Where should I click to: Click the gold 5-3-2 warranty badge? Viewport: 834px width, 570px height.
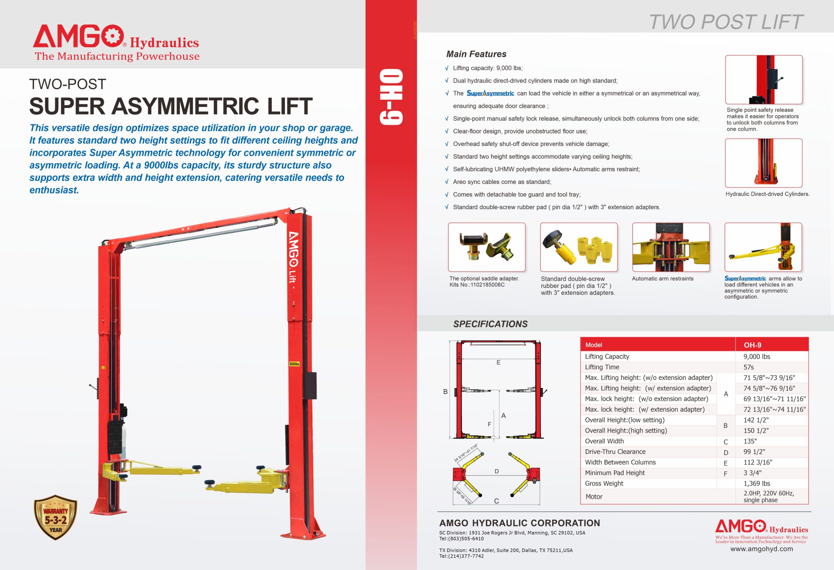coord(56,518)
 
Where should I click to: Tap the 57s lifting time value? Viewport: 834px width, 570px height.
coord(749,367)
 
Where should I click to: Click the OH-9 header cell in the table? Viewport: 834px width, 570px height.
coord(753,345)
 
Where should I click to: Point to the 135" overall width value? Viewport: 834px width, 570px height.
coord(750,441)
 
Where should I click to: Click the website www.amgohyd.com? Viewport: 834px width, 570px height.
coord(761,549)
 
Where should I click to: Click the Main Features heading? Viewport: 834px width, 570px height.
coord(476,54)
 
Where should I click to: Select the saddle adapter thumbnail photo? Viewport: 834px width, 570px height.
coord(487,247)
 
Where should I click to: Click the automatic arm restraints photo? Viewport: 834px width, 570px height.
coord(671,247)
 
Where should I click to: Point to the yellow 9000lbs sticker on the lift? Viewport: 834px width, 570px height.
coord(294,364)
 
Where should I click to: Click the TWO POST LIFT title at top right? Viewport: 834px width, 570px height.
coord(726,22)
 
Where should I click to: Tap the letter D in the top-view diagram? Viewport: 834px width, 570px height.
coord(497,471)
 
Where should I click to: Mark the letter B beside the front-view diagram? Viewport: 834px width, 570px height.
coord(445,392)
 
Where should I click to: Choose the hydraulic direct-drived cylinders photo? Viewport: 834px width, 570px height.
coord(764,163)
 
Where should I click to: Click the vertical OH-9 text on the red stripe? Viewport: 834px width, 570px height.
coord(392,97)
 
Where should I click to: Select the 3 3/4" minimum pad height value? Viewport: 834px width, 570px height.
coord(752,473)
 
